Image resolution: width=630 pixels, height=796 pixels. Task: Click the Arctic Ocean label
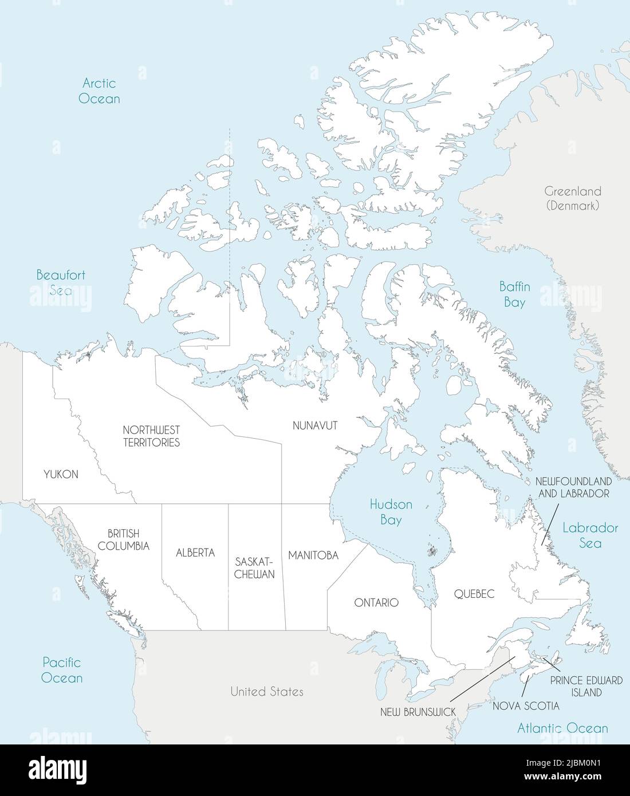click(99, 91)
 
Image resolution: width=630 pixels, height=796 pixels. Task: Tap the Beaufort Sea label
click(61, 282)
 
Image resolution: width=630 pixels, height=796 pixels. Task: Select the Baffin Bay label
click(514, 294)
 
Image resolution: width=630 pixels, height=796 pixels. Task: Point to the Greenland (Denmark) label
click(573, 198)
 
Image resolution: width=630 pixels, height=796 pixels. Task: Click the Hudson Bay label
click(391, 512)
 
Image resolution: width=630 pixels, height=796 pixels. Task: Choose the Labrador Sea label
click(590, 535)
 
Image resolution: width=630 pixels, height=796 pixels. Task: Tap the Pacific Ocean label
click(62, 670)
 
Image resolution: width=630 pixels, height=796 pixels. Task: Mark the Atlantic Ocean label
click(562, 728)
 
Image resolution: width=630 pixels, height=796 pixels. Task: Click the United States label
click(267, 692)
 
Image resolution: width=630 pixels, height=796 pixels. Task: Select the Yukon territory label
click(61, 474)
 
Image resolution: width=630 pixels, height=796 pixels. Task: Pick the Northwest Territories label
click(152, 436)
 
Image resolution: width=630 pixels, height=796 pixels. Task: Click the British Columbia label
click(123, 540)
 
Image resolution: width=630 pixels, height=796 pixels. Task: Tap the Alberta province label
click(195, 553)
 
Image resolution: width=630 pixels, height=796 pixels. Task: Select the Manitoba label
click(313, 555)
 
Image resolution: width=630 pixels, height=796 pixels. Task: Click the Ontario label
click(376, 602)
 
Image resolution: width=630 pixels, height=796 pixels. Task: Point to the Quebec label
click(474, 594)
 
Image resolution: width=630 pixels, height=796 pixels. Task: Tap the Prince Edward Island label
click(586, 686)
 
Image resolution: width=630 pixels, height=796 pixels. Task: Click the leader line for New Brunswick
click(481, 680)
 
